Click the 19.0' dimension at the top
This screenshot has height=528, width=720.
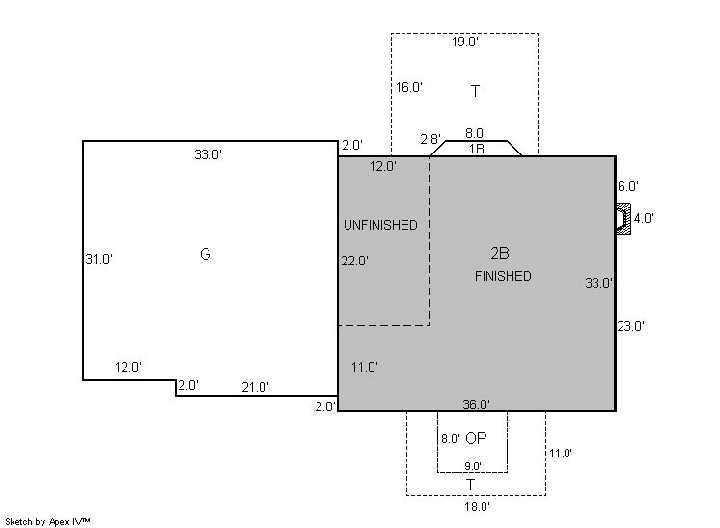pyautogui.click(x=464, y=42)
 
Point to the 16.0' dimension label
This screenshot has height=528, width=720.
pyautogui.click(x=408, y=87)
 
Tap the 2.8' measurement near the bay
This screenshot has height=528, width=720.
pyautogui.click(x=430, y=139)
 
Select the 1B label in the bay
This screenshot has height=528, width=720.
pyautogui.click(x=476, y=149)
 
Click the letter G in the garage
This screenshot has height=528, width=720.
pyautogui.click(x=206, y=254)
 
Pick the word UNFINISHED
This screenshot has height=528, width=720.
pyautogui.click(x=380, y=225)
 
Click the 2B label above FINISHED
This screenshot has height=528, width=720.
pyautogui.click(x=500, y=253)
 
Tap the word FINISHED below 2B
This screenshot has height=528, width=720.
pyautogui.click(x=503, y=276)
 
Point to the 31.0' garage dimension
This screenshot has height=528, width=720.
pyautogui.click(x=98, y=259)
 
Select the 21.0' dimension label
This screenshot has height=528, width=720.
pyautogui.click(x=256, y=387)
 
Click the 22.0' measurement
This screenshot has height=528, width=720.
pyautogui.click(x=354, y=261)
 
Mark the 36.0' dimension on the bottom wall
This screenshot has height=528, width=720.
pyautogui.click(x=476, y=404)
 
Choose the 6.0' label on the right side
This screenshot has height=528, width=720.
pyautogui.click(x=628, y=186)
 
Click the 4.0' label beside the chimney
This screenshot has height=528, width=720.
pyautogui.click(x=644, y=218)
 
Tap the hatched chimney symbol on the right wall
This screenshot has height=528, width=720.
pyautogui.click(x=623, y=218)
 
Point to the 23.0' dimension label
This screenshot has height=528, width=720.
pyautogui.click(x=630, y=326)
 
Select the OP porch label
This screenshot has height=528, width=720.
pyautogui.click(x=476, y=438)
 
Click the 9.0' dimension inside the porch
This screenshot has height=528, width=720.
pyautogui.click(x=473, y=466)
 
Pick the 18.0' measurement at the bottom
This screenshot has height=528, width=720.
pyautogui.click(x=477, y=507)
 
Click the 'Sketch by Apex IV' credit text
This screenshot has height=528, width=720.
pyautogui.click(x=47, y=522)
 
